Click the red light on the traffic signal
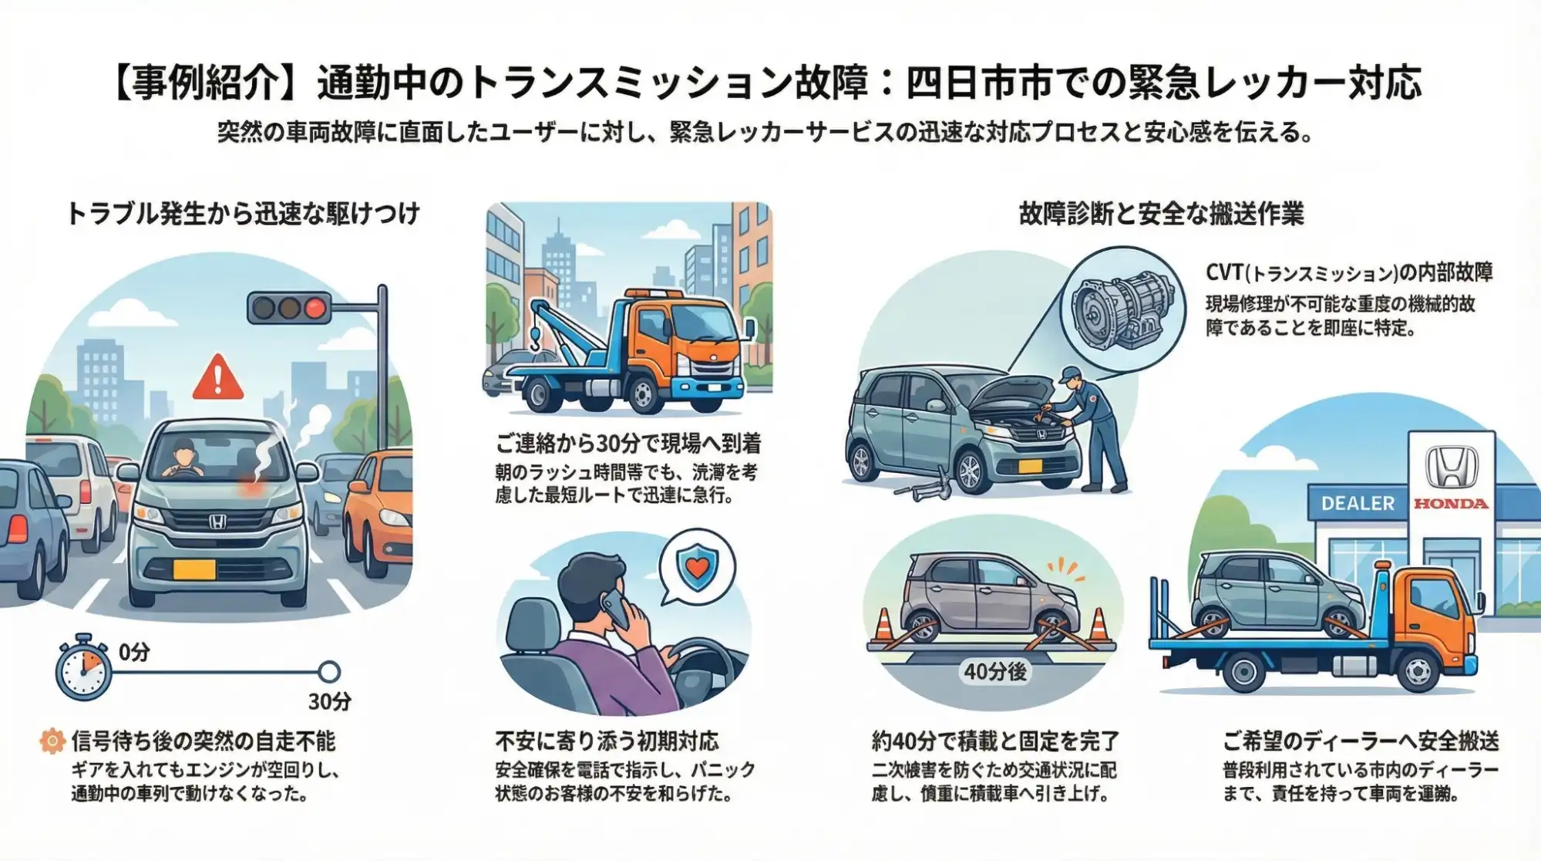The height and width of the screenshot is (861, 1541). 315,309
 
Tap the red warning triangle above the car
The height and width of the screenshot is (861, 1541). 218,378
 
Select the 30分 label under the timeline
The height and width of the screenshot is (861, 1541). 329,701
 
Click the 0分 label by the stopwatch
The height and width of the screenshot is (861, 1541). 134,653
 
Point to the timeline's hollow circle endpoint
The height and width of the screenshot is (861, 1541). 329,672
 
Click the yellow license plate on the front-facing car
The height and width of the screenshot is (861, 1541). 194,569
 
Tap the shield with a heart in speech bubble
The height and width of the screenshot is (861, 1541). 697,567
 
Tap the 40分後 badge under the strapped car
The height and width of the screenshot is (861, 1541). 994,672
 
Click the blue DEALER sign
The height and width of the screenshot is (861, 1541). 1358,504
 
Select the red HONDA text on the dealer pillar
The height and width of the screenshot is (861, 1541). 1450,504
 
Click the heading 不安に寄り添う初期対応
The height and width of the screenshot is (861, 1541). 607,741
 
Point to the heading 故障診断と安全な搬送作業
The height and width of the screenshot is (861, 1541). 1161,214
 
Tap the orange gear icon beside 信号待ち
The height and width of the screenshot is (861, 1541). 52,742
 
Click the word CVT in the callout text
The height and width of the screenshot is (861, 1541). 1224,272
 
